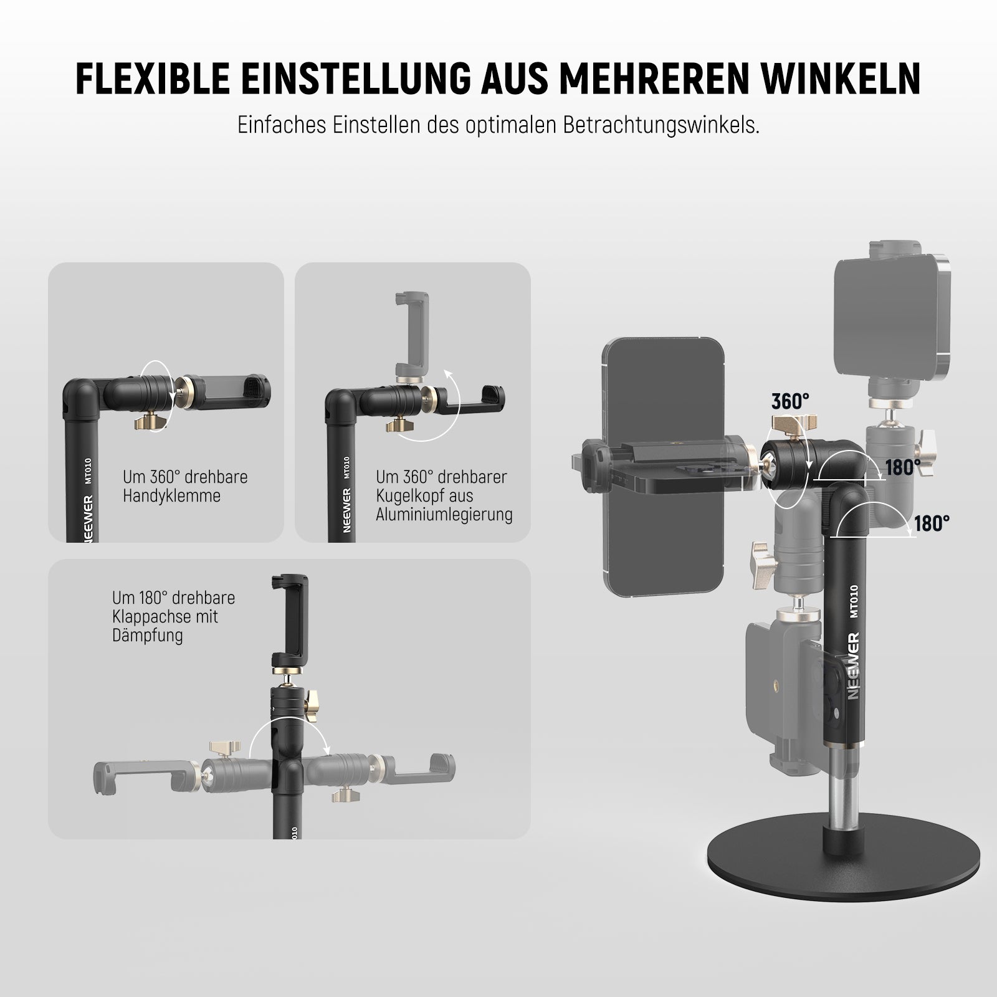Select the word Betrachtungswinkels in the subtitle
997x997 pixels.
click(x=661, y=125)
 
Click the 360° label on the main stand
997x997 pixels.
click(x=790, y=402)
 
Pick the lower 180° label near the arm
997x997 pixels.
click(x=932, y=523)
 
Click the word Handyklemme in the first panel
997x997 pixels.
click(x=171, y=496)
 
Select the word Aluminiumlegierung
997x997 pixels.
click(x=444, y=515)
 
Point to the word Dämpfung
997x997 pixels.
click(x=148, y=636)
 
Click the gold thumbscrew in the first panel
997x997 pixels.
click(x=152, y=422)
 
